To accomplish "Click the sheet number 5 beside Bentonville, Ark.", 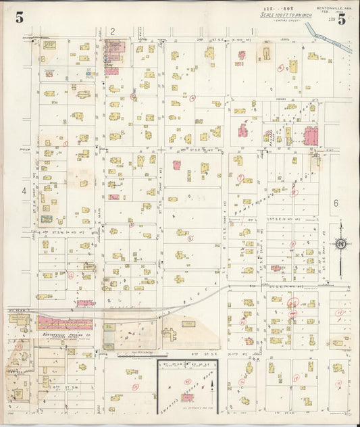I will click(342, 20).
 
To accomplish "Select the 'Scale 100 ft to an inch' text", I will click(283, 15).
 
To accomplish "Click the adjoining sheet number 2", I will click(113, 31).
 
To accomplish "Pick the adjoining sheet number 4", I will click(24, 191).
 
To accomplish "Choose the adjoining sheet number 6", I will click(334, 203).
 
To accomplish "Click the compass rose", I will click(341, 243).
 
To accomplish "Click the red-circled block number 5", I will click(190, 238).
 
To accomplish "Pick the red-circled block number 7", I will click(240, 178).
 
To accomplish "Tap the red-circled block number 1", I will click(66, 143).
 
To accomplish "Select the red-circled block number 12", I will click(70, 275).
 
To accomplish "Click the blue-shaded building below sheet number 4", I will click(47, 219).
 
